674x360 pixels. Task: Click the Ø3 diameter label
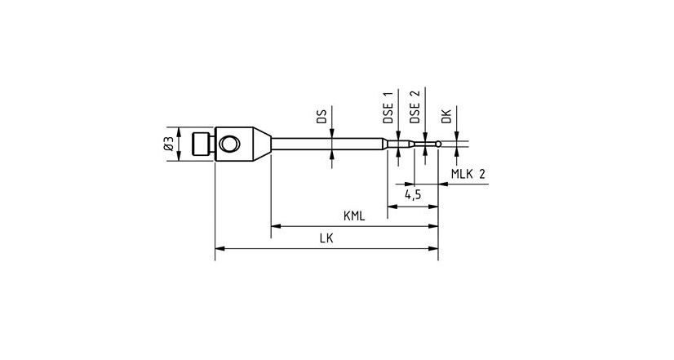click(x=168, y=144)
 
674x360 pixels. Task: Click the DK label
click(x=446, y=117)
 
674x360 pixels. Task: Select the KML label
click(x=353, y=216)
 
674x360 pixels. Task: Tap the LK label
click(x=326, y=238)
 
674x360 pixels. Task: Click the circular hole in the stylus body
click(x=229, y=144)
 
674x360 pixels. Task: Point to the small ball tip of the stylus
click(x=439, y=144)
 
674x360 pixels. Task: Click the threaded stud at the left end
click(x=200, y=144)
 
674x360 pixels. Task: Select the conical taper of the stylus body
click(x=257, y=144)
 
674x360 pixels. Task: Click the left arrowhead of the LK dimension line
click(x=219, y=248)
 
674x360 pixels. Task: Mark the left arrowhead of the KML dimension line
click(x=275, y=226)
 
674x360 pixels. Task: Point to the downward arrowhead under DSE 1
click(x=397, y=138)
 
